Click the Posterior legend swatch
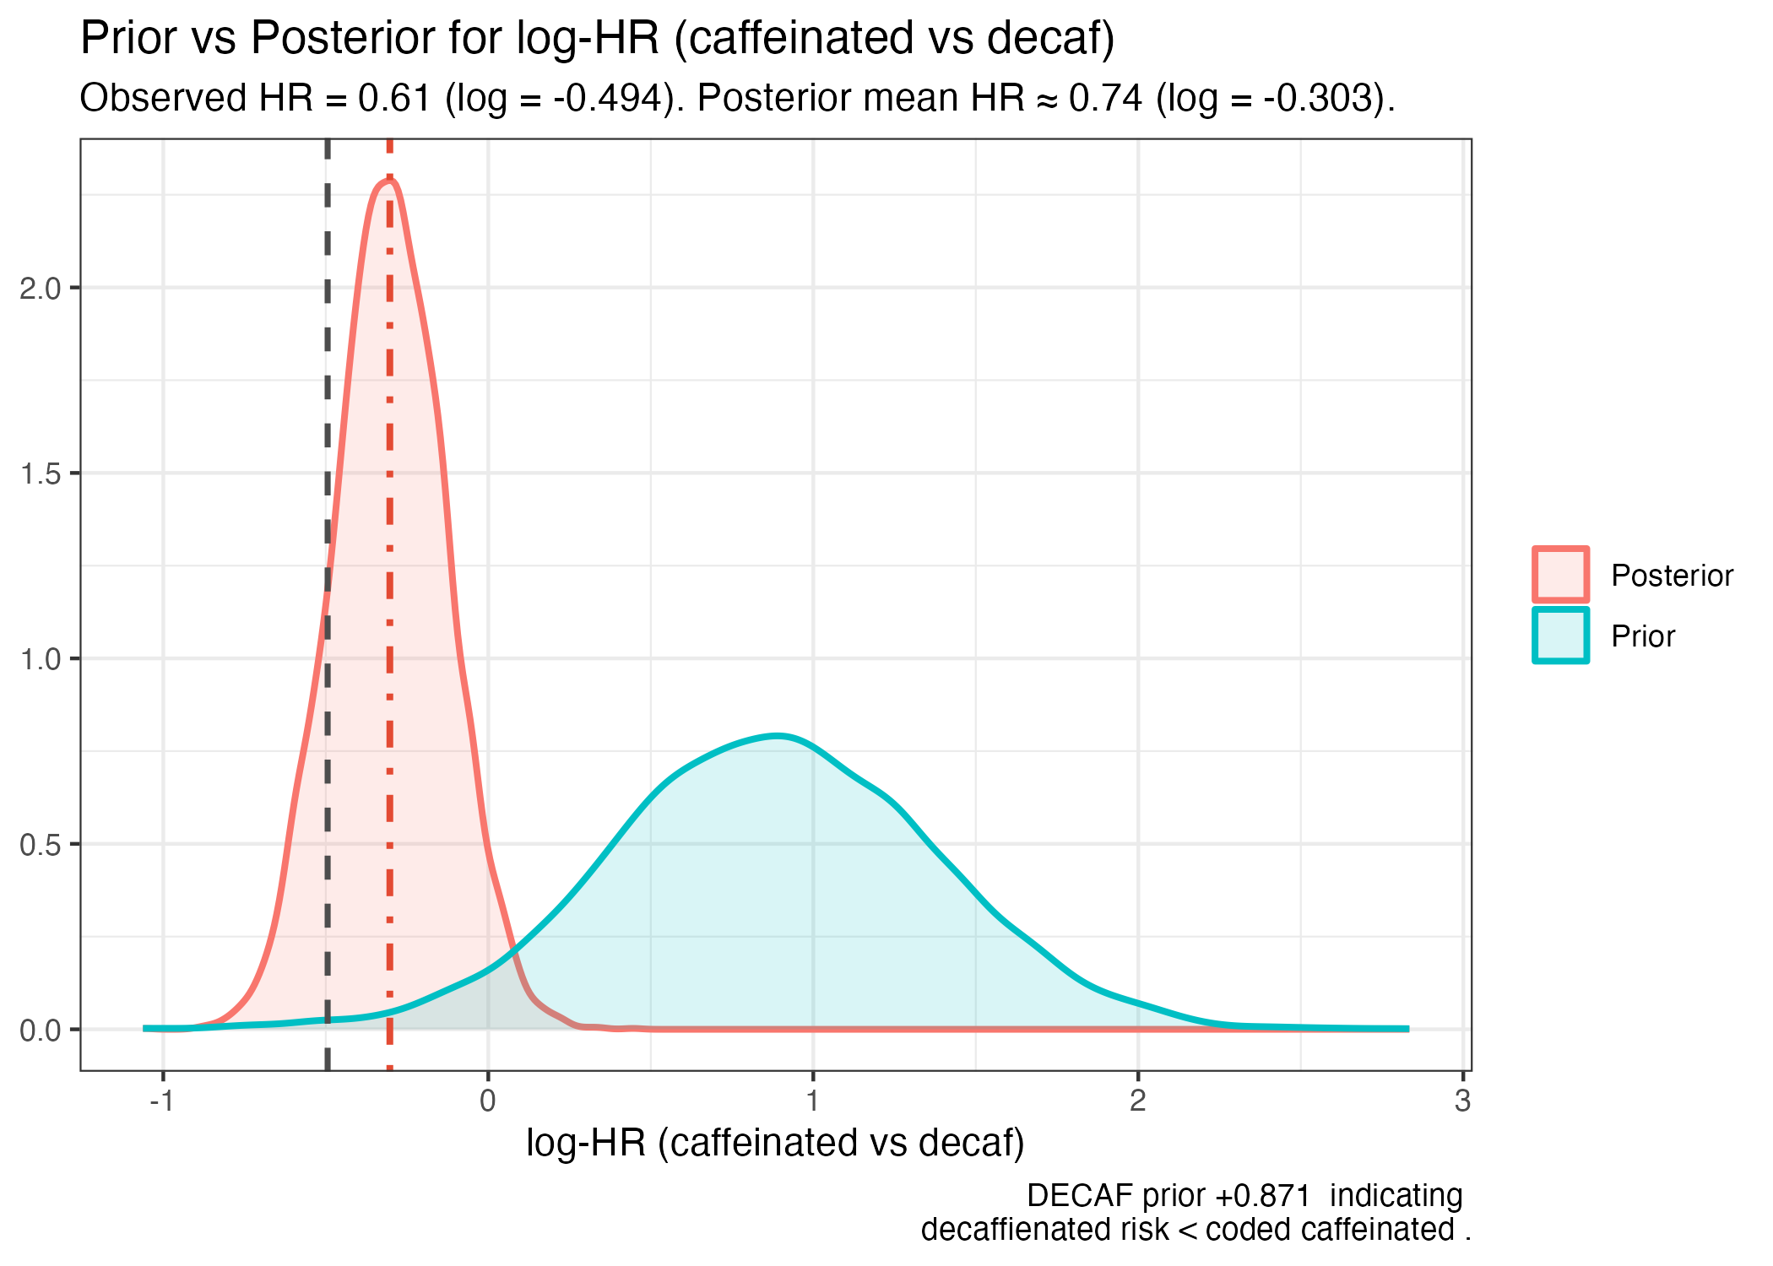pyautogui.click(x=1560, y=575)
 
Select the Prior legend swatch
pyautogui.click(x=1560, y=636)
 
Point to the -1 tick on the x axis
pyautogui.click(x=161, y=1101)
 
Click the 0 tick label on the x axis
pyautogui.click(x=488, y=1101)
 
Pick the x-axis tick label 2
pyautogui.click(x=1137, y=1101)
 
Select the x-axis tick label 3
pyautogui.click(x=1462, y=1101)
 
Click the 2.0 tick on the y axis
pyautogui.click(x=41, y=288)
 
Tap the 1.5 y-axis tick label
pyautogui.click(x=41, y=473)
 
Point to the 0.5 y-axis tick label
pyautogui.click(x=41, y=844)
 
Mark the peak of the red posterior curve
pyautogui.click(x=388, y=180)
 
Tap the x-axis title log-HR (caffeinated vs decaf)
pyautogui.click(x=775, y=1143)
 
